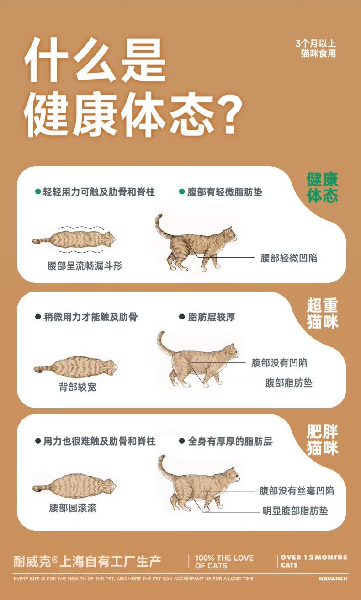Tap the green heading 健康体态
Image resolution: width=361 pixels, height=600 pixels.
322,187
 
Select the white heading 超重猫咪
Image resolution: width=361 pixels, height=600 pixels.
323,313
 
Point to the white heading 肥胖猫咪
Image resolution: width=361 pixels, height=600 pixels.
323,439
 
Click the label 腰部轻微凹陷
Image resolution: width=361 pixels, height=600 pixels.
289,258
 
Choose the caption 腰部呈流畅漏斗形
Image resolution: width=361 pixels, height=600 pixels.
85,265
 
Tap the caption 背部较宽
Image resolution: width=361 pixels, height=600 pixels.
77,387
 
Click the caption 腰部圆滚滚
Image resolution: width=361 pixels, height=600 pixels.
73,508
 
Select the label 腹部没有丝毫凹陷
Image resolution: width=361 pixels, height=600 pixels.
297,491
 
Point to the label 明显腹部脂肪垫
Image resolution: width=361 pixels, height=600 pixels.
295,511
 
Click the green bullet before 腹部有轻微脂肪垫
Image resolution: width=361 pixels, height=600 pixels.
182,192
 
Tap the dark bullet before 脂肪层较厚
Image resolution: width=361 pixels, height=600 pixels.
182,317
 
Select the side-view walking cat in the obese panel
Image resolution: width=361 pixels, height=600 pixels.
199,486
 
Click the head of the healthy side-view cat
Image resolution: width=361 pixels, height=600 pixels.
231,234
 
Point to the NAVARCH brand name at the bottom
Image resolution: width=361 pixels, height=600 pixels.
333,579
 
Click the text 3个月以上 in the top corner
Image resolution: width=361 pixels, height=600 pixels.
316,43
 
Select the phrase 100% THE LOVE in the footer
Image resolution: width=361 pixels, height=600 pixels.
224,558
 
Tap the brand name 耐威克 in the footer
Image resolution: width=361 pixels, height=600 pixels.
32,562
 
